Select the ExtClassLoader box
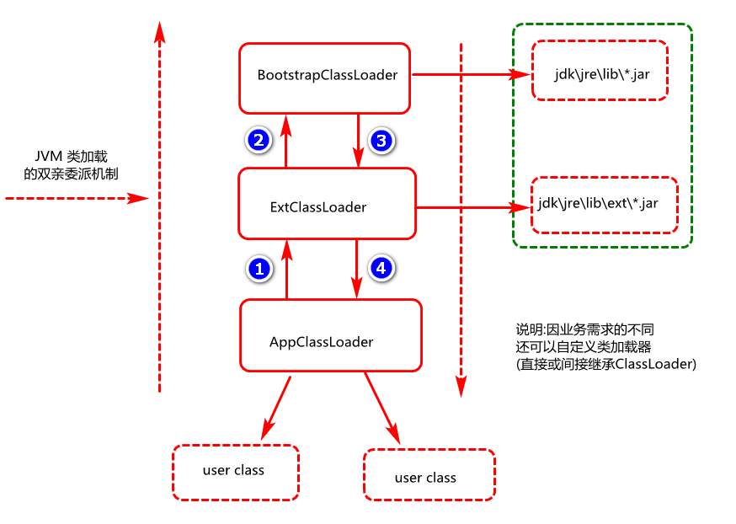coord(327,203)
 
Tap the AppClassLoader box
coord(329,335)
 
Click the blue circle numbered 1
coord(259,269)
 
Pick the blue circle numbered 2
coord(258,139)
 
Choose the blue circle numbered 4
coord(381,268)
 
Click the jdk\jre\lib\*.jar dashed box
coord(600,71)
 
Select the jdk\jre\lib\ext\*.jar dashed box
coord(604,205)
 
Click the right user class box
coord(429,476)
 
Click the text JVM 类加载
coord(71,158)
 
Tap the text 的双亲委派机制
coord(72,174)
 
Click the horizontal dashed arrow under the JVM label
coord(76,199)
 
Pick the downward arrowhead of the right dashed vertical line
coord(461,387)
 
